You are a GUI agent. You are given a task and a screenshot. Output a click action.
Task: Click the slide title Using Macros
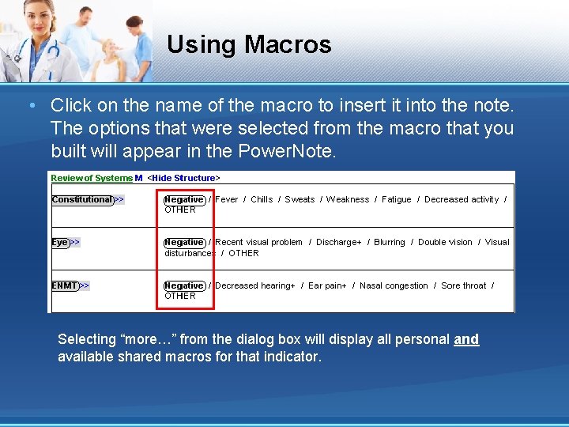point(249,44)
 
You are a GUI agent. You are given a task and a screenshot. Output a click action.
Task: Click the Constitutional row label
point(82,200)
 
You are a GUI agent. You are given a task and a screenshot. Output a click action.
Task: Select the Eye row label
point(60,243)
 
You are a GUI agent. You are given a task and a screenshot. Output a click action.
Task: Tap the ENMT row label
point(65,285)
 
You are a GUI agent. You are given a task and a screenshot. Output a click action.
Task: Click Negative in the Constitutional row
point(184,200)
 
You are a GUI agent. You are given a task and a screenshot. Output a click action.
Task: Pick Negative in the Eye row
point(184,243)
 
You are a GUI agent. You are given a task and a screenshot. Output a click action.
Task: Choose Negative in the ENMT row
point(184,286)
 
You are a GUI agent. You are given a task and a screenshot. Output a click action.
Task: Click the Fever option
point(226,200)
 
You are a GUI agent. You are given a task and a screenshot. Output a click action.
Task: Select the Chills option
point(262,200)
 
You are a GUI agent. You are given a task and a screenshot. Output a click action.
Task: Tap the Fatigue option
point(396,200)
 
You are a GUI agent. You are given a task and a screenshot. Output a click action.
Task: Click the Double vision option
point(445,243)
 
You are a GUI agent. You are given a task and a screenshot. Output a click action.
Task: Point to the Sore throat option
point(463,286)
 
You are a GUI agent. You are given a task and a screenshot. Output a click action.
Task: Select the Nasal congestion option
point(394,286)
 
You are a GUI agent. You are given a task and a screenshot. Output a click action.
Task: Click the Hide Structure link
point(184,179)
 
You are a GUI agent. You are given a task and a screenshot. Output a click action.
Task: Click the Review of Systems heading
point(92,179)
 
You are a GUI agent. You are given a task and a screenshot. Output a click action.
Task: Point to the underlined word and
point(466,339)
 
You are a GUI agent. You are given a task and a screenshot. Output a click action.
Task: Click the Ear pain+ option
point(327,286)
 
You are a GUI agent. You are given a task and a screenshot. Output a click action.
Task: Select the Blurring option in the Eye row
point(390,243)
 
